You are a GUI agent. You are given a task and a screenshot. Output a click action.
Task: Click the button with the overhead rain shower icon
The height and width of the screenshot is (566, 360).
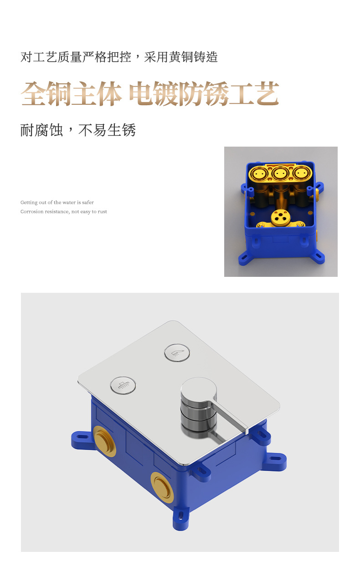coord(123,385)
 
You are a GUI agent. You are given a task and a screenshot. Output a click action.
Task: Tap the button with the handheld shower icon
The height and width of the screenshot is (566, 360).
coord(177,353)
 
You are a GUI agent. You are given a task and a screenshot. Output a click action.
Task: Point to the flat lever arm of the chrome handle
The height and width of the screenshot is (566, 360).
coord(231,414)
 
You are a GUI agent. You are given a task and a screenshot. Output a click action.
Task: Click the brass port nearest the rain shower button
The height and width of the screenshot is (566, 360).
coord(104,441)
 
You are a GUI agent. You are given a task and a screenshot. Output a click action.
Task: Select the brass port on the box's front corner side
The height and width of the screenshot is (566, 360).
coord(162,487)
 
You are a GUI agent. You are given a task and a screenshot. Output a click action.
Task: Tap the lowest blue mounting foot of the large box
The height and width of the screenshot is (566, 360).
coord(180,518)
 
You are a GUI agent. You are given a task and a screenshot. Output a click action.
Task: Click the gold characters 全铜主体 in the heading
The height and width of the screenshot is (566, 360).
coord(71,94)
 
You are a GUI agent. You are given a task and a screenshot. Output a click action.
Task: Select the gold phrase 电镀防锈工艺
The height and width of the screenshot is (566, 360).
coord(204,94)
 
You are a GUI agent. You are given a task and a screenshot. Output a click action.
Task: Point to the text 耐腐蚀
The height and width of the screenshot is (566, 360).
coord(41,130)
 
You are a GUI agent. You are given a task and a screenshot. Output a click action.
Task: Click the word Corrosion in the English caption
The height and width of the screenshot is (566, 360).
coord(31,212)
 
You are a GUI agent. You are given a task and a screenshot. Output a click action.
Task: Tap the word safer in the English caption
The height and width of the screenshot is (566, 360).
coord(88,203)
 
